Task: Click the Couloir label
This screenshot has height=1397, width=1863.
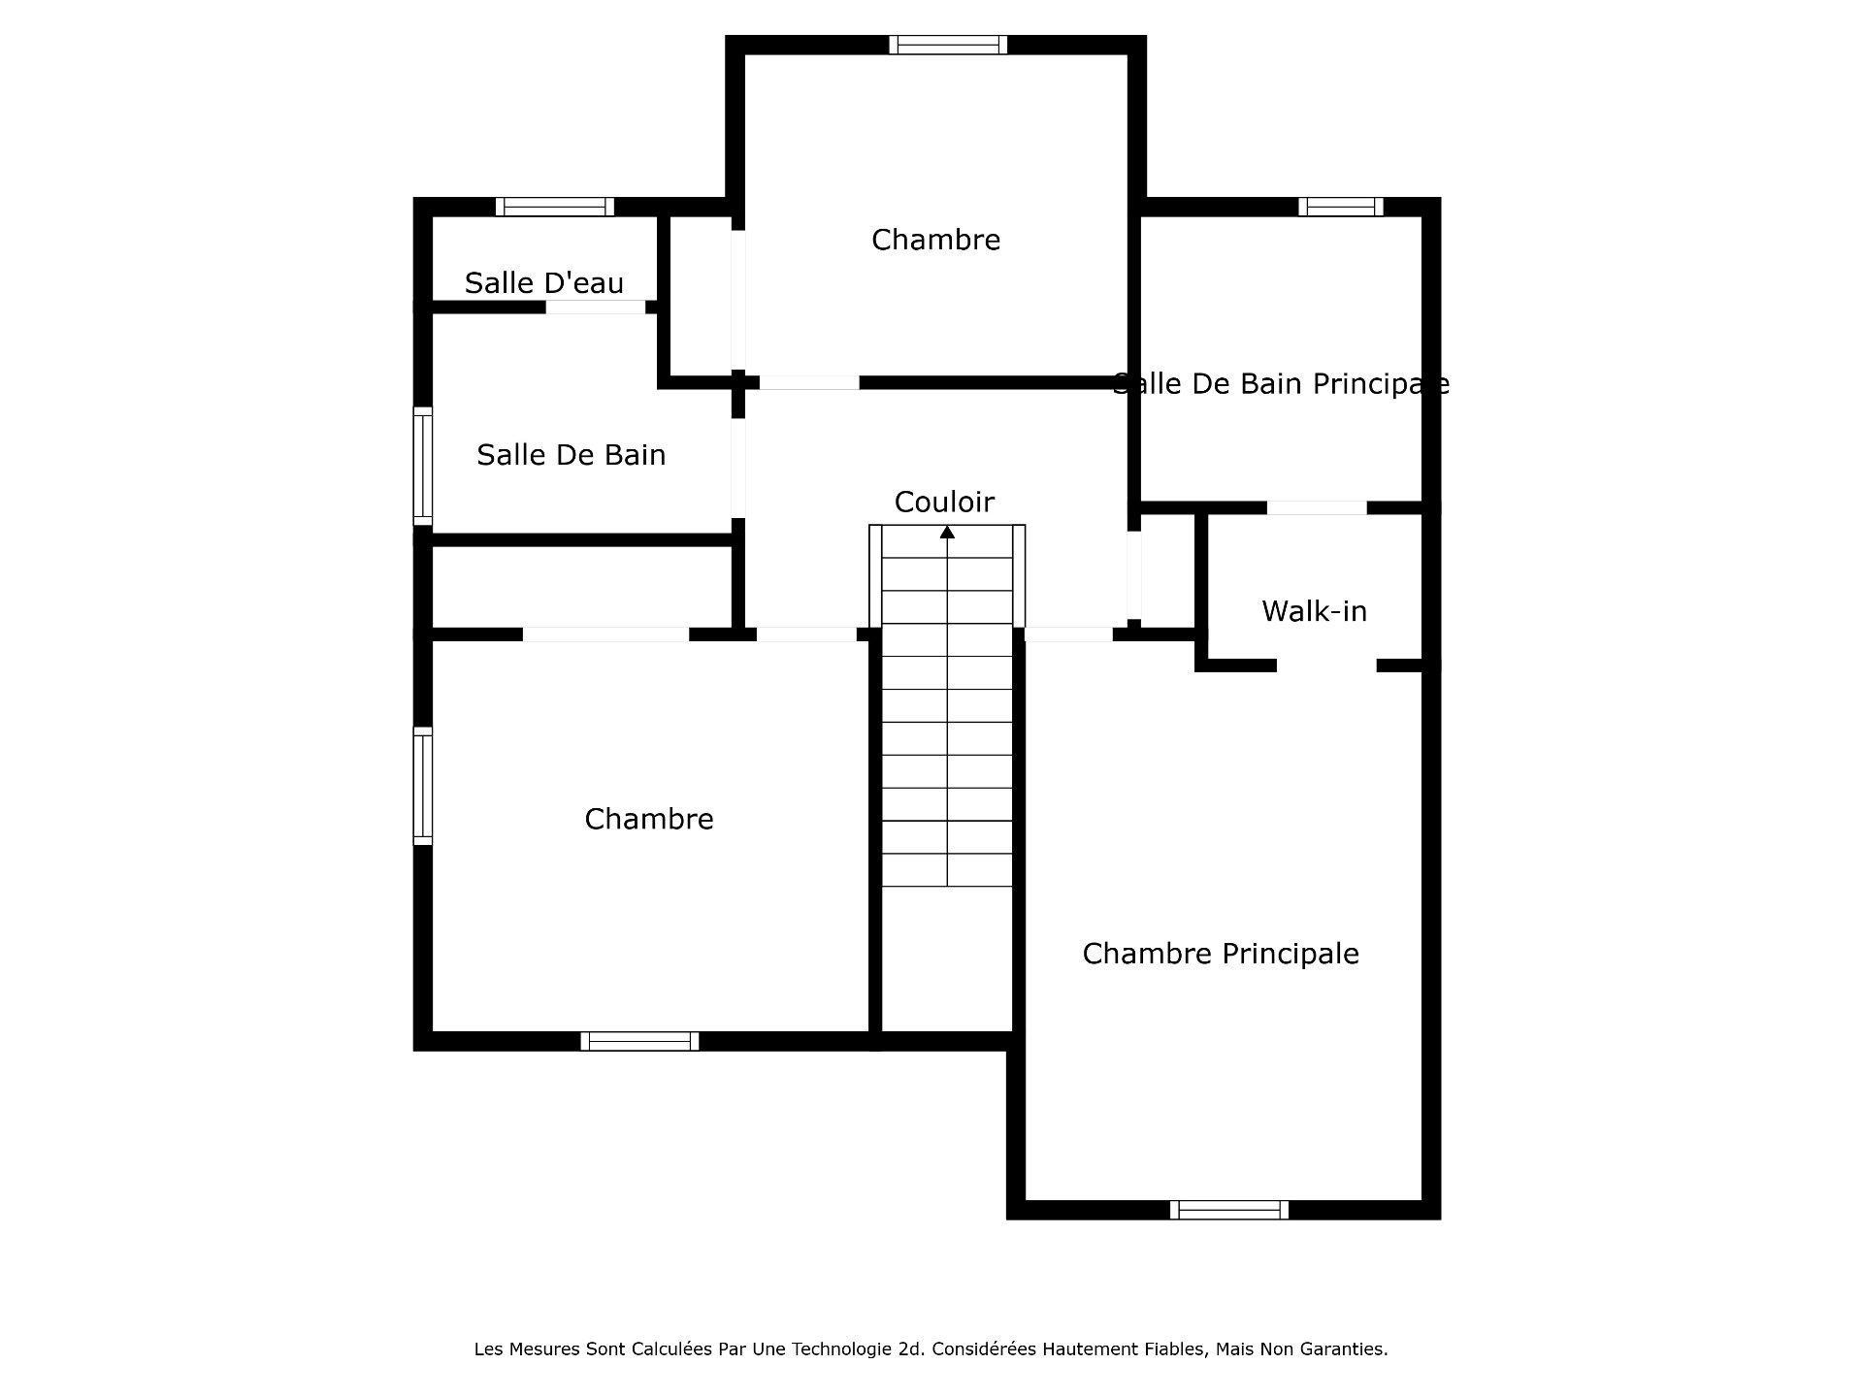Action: pyautogui.click(x=943, y=502)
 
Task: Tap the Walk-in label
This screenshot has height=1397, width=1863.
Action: pyautogui.click(x=1314, y=611)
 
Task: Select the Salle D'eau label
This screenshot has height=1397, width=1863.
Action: pyautogui.click(x=543, y=283)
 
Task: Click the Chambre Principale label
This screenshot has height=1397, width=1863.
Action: pyautogui.click(x=1220, y=954)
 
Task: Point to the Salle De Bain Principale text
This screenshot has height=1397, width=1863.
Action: pyautogui.click(x=1280, y=384)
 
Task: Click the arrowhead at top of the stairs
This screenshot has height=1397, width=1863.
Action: pyautogui.click(x=947, y=532)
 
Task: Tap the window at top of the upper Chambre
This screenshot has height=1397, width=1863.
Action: pyautogui.click(x=948, y=45)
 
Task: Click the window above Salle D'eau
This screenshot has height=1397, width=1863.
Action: pyautogui.click(x=554, y=207)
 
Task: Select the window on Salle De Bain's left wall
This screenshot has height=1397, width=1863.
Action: pyautogui.click(x=423, y=466)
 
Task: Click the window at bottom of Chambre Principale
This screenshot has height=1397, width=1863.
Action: pyautogui.click(x=1228, y=1210)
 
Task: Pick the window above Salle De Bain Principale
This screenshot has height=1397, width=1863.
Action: pyautogui.click(x=1341, y=207)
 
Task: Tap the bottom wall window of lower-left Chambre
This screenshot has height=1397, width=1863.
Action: pyautogui.click(x=639, y=1041)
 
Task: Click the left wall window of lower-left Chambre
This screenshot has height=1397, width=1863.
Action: pyautogui.click(x=423, y=786)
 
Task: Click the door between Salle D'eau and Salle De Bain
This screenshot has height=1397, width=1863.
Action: pyautogui.click(x=595, y=308)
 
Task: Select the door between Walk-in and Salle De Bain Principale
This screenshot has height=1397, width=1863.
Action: pyautogui.click(x=1317, y=507)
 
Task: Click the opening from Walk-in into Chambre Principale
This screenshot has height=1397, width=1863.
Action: pyautogui.click(x=1326, y=666)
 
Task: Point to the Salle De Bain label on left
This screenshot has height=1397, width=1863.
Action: pyautogui.click(x=571, y=455)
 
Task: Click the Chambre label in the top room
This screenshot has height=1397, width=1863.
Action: pyautogui.click(x=935, y=240)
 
